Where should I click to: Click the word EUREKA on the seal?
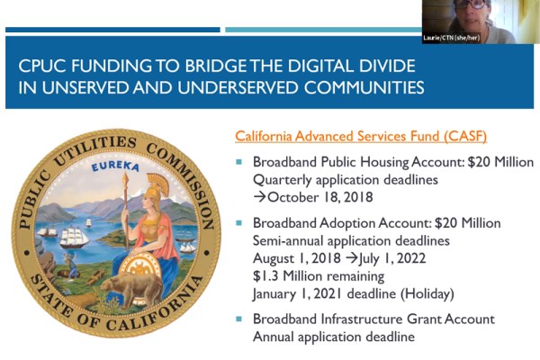coord(116,166)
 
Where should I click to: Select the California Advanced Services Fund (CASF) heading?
coord(361,137)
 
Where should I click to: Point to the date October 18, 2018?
coord(320,197)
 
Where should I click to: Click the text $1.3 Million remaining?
coord(319,275)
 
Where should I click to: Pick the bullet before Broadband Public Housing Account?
coord(239,162)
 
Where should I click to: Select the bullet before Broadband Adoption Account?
coord(239,223)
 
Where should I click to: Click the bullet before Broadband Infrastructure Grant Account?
coord(239,319)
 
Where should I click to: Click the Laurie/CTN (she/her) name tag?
coord(451,38)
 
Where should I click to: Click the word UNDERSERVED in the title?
coord(238,87)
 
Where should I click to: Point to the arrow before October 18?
coord(260,197)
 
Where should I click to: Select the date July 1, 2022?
coord(392,258)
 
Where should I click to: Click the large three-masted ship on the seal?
coord(74,237)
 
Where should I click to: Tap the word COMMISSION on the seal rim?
coord(184,182)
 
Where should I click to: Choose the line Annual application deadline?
coord(334,337)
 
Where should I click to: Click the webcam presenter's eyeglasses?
coord(475,4)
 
